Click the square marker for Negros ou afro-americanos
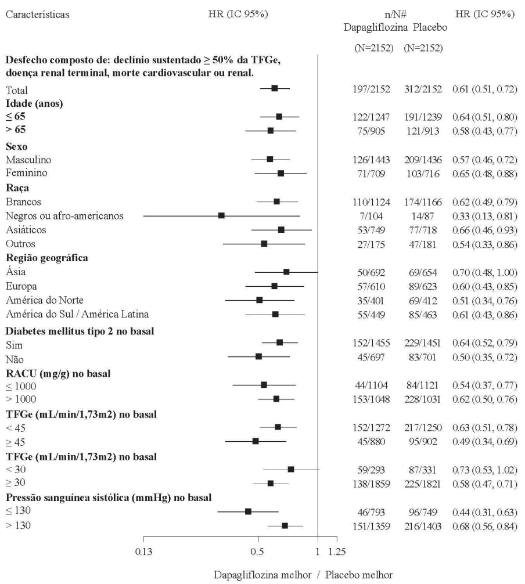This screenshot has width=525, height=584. (x=221, y=215)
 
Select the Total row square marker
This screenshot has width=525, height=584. (x=275, y=88)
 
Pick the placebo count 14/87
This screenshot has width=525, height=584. (x=423, y=215)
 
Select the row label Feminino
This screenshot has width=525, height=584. (x=27, y=172)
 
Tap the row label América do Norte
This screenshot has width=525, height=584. (x=44, y=300)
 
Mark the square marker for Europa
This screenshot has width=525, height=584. (x=274, y=286)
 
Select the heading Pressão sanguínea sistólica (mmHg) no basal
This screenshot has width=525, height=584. (x=109, y=498)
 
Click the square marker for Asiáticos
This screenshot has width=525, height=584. (x=281, y=230)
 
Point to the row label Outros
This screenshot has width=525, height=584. (x=20, y=243)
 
